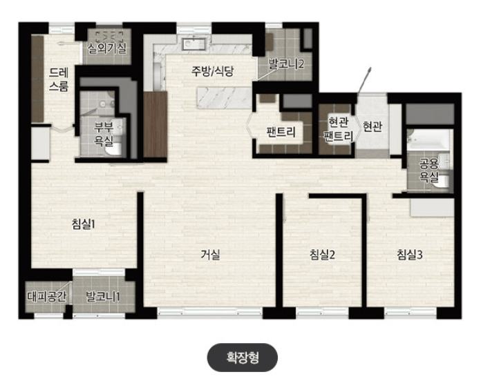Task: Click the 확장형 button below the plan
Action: coord(243,358)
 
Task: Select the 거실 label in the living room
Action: coord(210,254)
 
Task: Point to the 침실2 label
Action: coord(322,255)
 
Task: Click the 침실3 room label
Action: coord(410,255)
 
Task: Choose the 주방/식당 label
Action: coord(213,70)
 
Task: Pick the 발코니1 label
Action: coord(103,297)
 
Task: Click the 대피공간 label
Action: coord(46,297)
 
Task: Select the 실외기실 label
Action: coord(107,48)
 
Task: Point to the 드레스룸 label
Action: coord(59,79)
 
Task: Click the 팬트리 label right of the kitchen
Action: coord(280,132)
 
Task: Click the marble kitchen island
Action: coord(223,97)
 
